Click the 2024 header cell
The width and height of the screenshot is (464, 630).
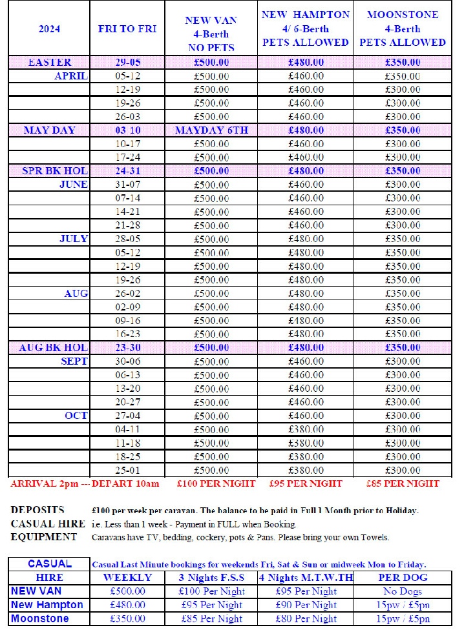49,29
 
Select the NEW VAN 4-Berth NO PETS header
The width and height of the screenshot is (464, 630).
211,34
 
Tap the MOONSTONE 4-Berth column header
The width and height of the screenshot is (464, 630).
402,28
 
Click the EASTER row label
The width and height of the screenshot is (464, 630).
50,63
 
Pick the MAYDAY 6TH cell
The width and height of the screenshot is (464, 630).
211,130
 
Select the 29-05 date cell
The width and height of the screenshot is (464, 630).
127,63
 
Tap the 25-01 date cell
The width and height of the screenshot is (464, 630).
127,471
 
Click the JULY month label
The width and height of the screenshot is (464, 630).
74,239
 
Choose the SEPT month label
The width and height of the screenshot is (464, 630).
74,361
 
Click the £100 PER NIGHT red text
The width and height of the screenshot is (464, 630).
216,483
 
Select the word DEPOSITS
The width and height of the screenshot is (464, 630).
37,511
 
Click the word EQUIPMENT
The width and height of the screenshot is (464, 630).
44,537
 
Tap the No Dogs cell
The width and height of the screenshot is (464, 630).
402,591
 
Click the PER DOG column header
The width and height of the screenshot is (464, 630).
402,577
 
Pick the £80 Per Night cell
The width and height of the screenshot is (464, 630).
306,619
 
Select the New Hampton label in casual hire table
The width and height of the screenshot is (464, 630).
47,605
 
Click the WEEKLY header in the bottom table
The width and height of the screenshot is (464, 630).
127,577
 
